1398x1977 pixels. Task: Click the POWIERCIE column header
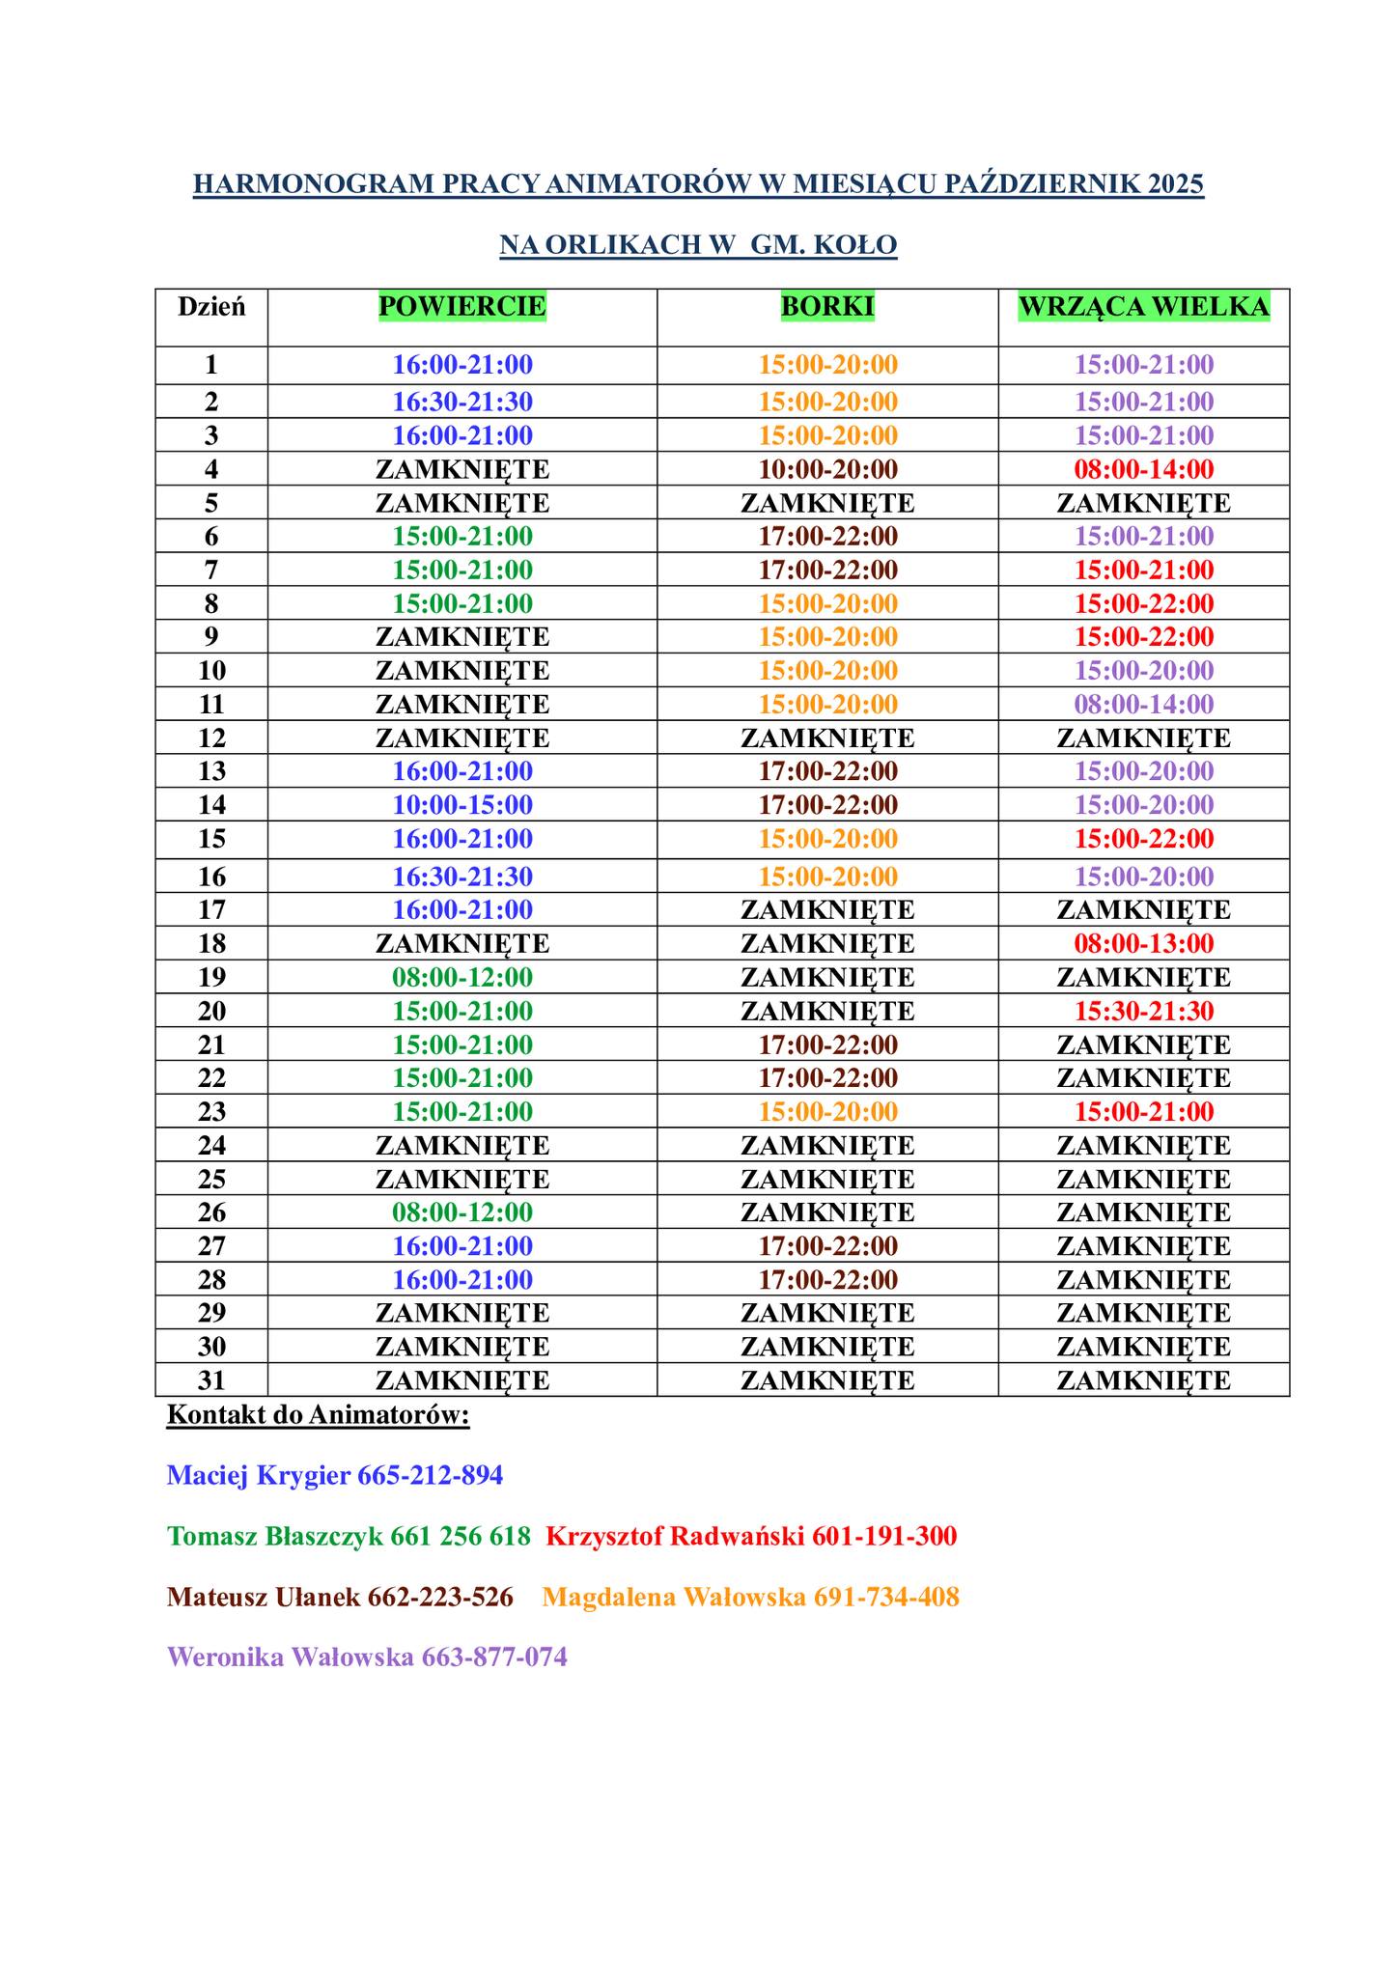(x=461, y=307)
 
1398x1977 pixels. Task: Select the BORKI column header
(x=827, y=307)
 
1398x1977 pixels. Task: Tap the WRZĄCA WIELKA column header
(x=1144, y=307)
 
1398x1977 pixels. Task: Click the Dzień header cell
(x=211, y=308)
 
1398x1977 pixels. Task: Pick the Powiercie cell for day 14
(x=461, y=805)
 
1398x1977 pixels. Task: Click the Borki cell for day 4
(x=827, y=470)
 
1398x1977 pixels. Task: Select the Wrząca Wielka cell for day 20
(x=1144, y=1012)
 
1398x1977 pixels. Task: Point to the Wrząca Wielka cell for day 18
(x=1144, y=944)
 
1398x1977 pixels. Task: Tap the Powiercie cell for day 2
(x=461, y=402)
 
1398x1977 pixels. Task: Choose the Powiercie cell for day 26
(x=461, y=1212)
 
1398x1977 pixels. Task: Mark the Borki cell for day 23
(x=827, y=1112)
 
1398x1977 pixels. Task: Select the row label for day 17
(x=211, y=910)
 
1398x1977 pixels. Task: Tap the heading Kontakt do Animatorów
(x=318, y=1415)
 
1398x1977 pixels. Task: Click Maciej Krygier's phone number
(x=430, y=1476)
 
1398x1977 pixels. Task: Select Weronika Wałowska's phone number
(x=493, y=1657)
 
